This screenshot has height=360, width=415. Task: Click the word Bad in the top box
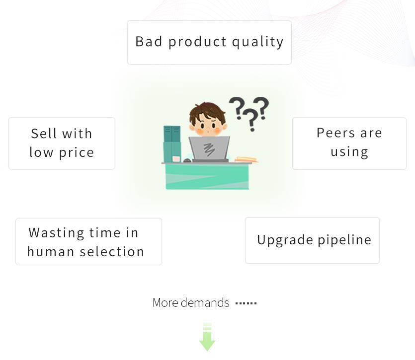point(149,42)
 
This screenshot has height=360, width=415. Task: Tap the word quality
point(258,42)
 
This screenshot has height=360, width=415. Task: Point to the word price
point(77,153)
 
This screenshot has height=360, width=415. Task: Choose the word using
point(349,152)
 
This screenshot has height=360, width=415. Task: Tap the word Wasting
point(56,233)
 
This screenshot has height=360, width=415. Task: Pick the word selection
point(112,252)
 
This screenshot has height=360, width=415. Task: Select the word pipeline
point(344,240)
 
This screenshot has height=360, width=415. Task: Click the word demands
point(205,302)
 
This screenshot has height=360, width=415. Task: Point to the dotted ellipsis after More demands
point(246,303)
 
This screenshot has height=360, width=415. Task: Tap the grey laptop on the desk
point(209,148)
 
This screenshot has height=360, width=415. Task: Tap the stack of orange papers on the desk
point(247,159)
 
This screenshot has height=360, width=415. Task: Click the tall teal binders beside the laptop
point(172,144)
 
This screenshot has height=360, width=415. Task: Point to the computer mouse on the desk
point(187,160)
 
